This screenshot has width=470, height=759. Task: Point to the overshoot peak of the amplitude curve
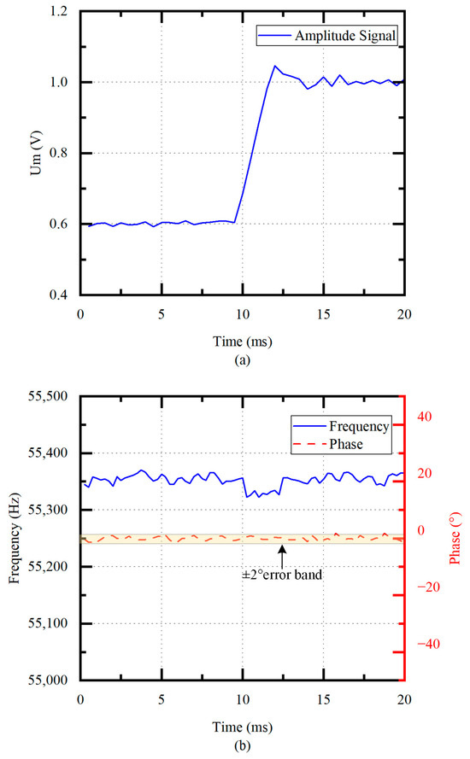274,66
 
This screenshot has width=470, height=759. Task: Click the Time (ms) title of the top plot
242,339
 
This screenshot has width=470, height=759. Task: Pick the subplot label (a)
242,359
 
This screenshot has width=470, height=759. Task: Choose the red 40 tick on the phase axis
424,417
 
